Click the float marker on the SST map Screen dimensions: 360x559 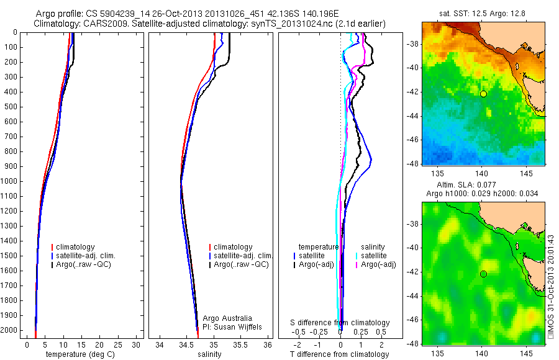pos(483,94)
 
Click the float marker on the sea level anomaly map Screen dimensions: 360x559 pos(483,274)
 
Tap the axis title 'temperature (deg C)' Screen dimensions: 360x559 pos(80,354)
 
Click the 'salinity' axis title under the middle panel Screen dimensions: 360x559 pos(209,354)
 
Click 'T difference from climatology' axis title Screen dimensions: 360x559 pos(340,354)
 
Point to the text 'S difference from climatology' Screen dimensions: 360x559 pos(340,323)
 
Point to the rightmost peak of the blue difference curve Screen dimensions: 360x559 pos(371,161)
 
